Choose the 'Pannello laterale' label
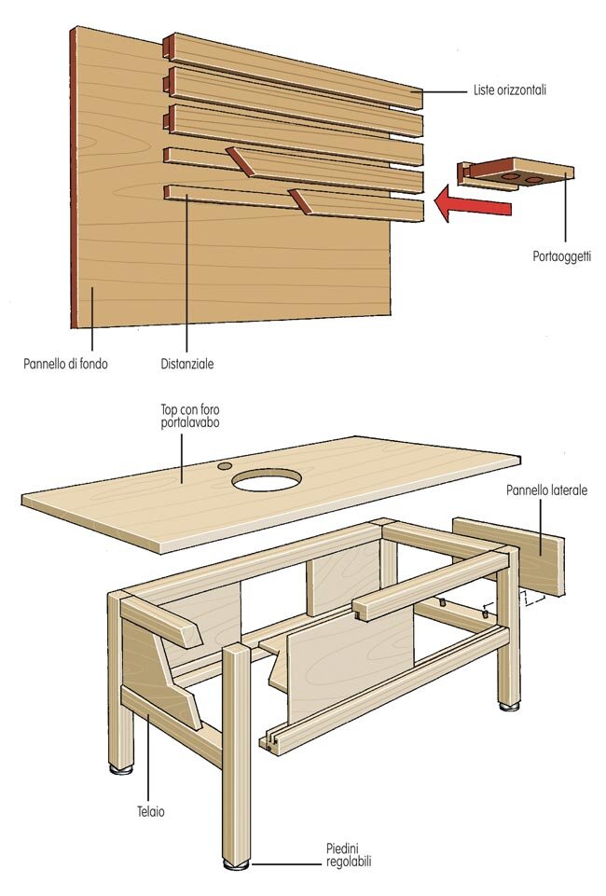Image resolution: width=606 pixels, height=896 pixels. coord(546,489)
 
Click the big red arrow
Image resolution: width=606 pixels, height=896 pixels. coord(475,204)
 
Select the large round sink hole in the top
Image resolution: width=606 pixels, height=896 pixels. coord(268,480)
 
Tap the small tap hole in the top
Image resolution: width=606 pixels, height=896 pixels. coord(225,464)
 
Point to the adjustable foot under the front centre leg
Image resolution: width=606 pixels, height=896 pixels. coord(237,866)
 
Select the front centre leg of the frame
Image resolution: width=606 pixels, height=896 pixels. coord(236,746)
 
